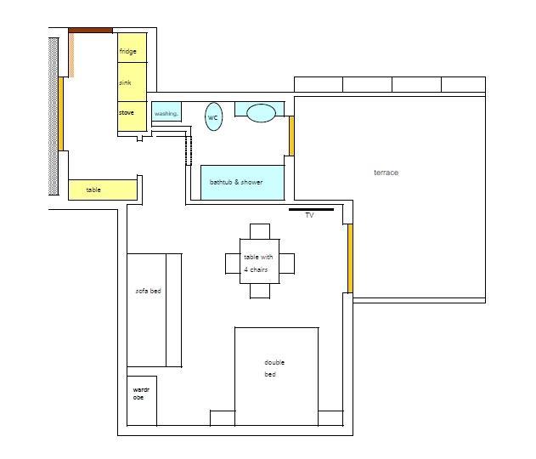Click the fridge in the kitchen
133,48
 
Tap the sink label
125,82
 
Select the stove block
133,116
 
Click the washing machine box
166,111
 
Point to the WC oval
214,116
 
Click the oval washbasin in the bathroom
261,113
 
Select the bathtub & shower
242,182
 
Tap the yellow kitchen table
103,190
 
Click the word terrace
386,173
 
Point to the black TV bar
311,209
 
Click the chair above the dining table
260,231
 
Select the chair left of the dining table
233,263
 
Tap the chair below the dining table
260,291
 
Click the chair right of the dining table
287,263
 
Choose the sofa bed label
149,291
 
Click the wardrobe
142,401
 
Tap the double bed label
274,368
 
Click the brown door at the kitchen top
90,31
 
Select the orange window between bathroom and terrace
291,136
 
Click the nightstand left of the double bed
223,418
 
